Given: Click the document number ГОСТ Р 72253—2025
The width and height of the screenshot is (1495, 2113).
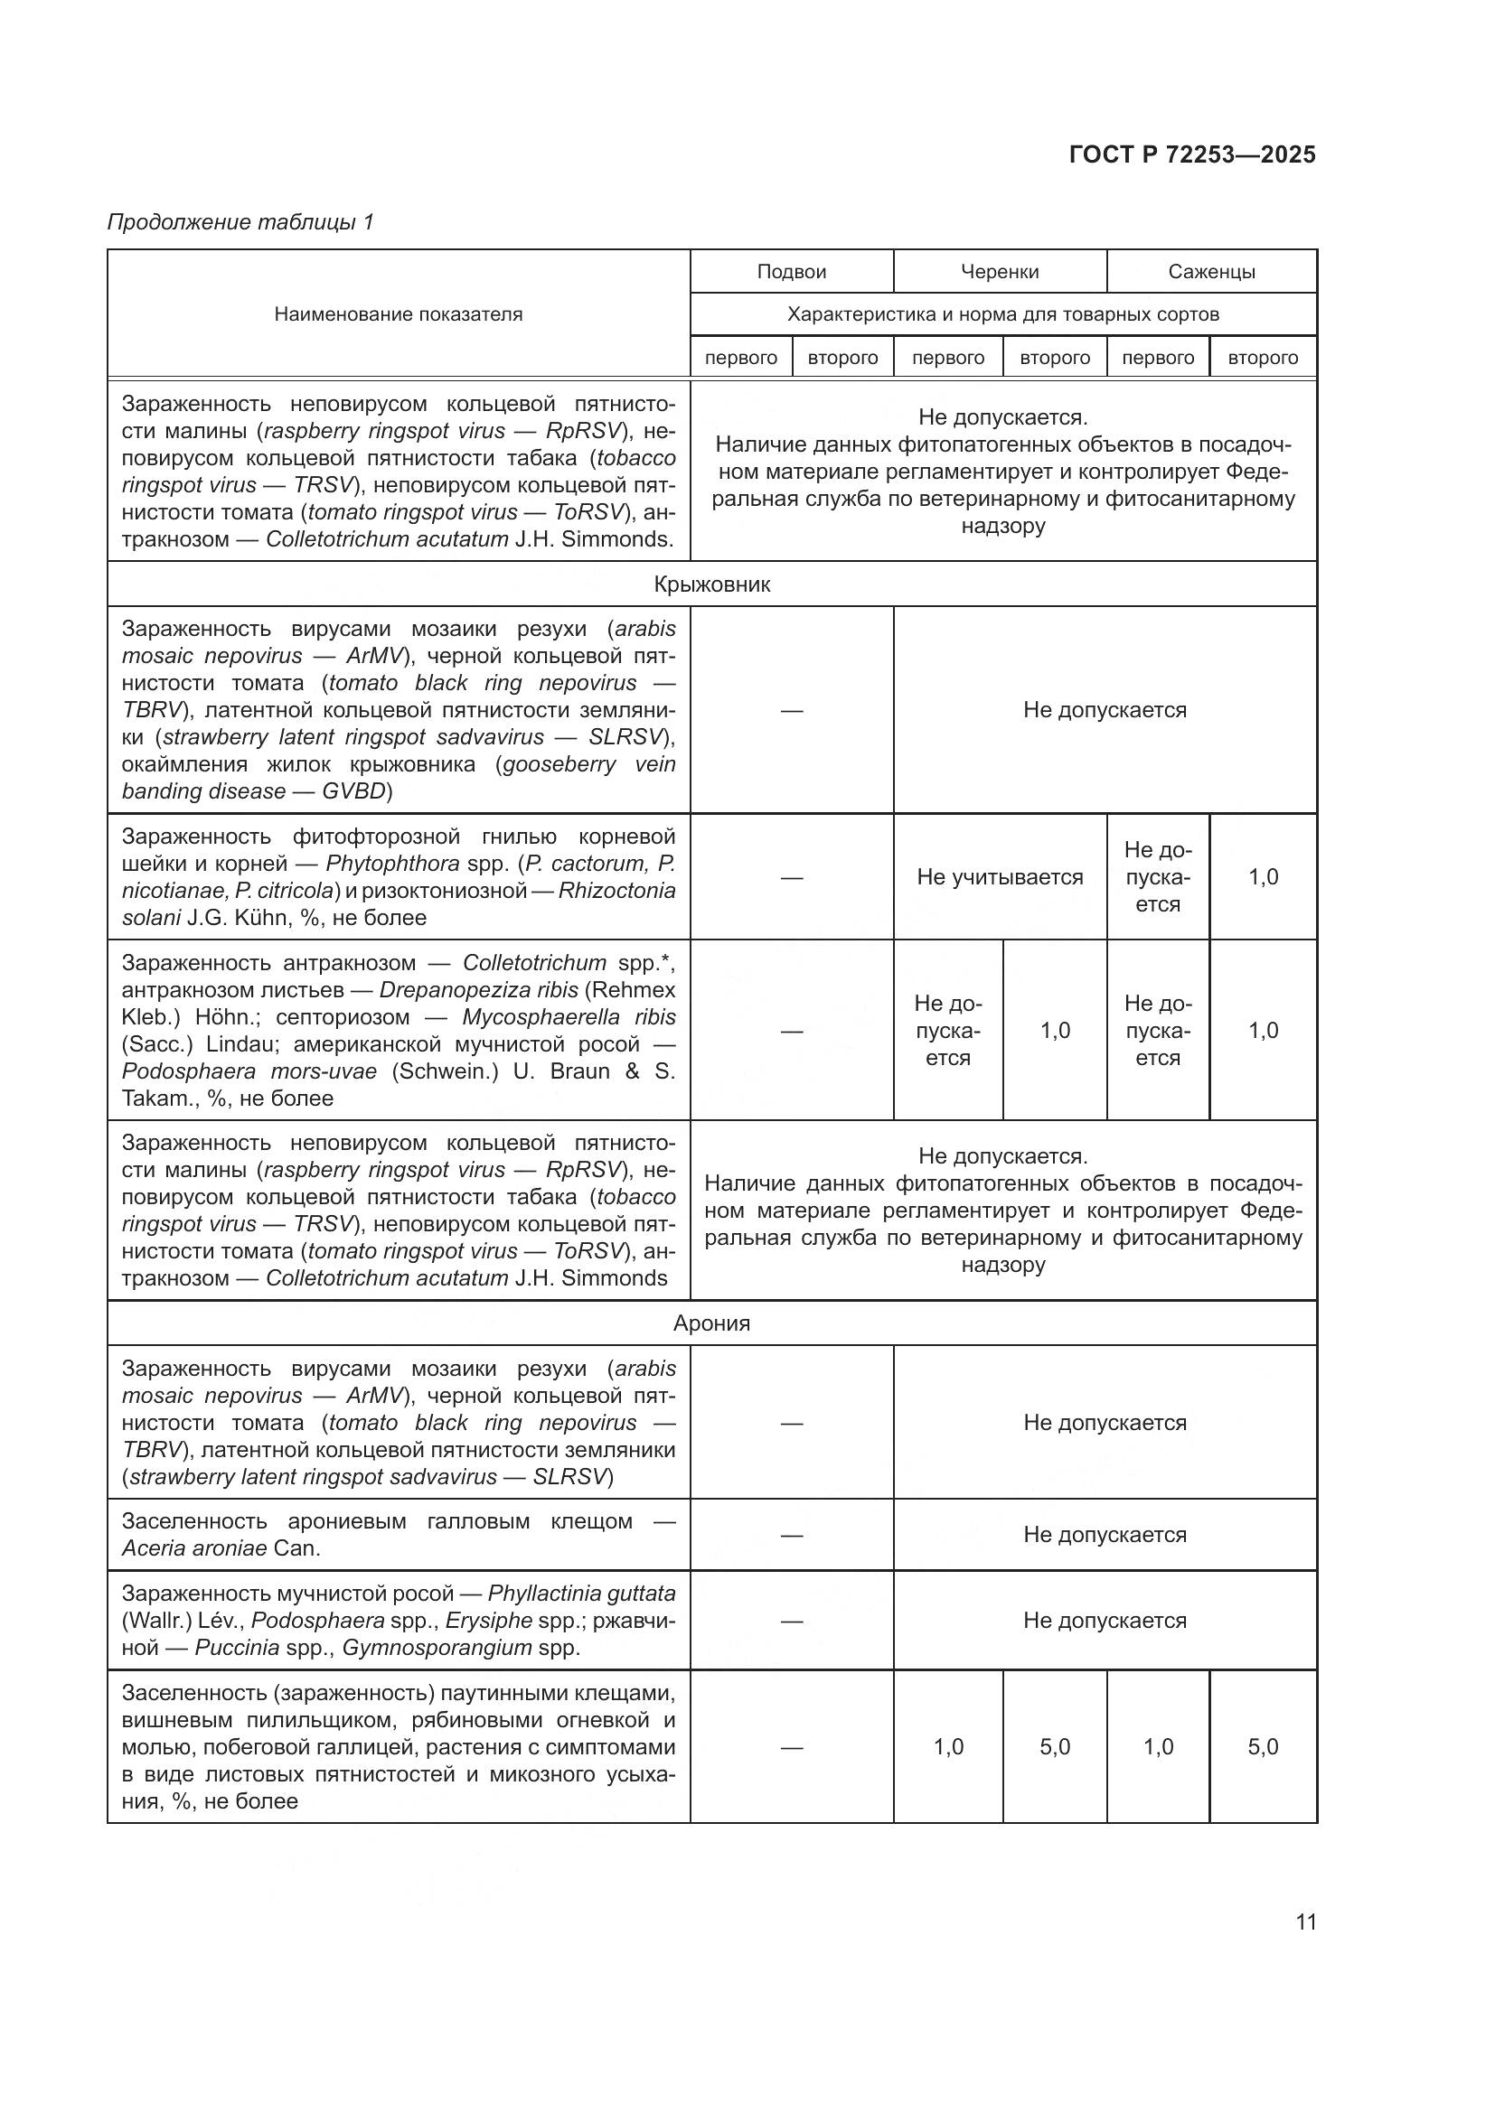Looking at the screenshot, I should pyautogui.click(x=1192, y=154).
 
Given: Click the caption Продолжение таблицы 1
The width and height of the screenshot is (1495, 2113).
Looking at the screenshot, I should pyautogui.click(x=241, y=222).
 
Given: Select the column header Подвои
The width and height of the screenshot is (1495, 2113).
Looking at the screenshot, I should pyautogui.click(x=791, y=272).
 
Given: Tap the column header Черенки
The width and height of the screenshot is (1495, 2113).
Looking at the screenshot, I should pyautogui.click(x=1000, y=272).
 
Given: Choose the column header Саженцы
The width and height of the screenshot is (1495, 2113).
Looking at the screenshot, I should pyautogui.click(x=1211, y=272).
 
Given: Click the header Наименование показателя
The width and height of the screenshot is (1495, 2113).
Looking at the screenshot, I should pyautogui.click(x=398, y=314).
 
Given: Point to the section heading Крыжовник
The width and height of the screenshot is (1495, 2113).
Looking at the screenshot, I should pyautogui.click(x=711, y=584).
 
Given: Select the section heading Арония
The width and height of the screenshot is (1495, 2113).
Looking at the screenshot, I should pyautogui.click(x=711, y=1323).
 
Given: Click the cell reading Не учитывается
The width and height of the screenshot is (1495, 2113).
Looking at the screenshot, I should pyautogui.click(x=1000, y=877).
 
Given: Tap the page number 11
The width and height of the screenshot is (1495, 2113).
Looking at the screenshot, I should pyautogui.click(x=1305, y=1921).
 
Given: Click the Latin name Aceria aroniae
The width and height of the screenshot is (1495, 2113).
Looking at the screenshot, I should pyautogui.click(x=194, y=1548).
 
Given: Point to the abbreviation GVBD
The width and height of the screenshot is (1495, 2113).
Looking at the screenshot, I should pyautogui.click(x=353, y=791).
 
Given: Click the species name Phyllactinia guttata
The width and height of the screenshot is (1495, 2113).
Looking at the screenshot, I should pyautogui.click(x=581, y=1593).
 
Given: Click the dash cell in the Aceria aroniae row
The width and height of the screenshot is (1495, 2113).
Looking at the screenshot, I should pyautogui.click(x=791, y=1535).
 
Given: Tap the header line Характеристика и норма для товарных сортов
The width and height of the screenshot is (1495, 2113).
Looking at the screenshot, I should pyautogui.click(x=1002, y=314).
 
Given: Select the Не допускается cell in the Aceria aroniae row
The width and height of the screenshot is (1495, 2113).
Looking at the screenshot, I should pyautogui.click(x=1105, y=1535).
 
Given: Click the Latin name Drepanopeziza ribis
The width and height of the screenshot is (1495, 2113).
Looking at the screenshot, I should pyautogui.click(x=479, y=990).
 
